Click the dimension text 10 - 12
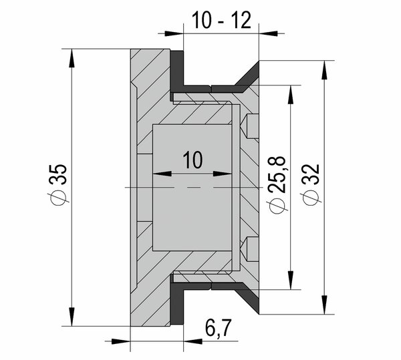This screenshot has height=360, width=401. tap(221, 20)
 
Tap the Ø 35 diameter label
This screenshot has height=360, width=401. tap(58, 183)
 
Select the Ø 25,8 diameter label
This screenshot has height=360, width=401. tap(277, 184)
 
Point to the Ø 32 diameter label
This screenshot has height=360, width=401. tap(311, 184)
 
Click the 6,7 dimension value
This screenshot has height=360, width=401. tap(218, 328)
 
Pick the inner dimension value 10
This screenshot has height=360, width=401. tap(193, 160)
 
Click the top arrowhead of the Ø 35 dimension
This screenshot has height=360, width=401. tap(72, 58)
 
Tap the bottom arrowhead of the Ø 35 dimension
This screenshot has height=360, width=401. tap(72, 317)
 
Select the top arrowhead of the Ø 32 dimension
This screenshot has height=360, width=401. tap(325, 70)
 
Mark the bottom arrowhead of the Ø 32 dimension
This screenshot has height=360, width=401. tap(325, 305)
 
